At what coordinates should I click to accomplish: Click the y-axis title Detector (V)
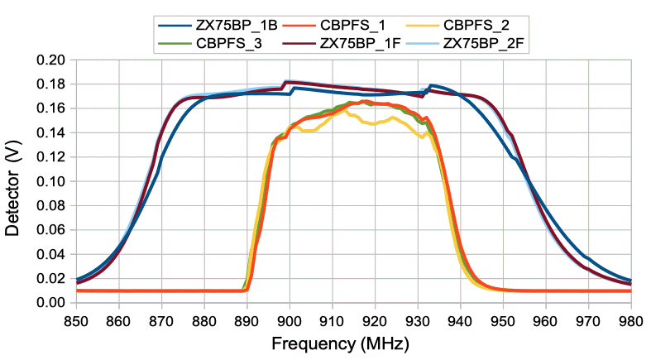pyautogui.click(x=12, y=181)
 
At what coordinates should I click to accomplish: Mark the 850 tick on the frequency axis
pyautogui.click(x=76, y=319)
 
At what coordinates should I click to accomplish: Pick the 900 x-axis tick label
pyautogui.click(x=290, y=319)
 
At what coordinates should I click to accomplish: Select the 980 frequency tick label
pyautogui.click(x=631, y=319)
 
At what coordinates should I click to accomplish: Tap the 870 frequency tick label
pyautogui.click(x=161, y=319)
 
